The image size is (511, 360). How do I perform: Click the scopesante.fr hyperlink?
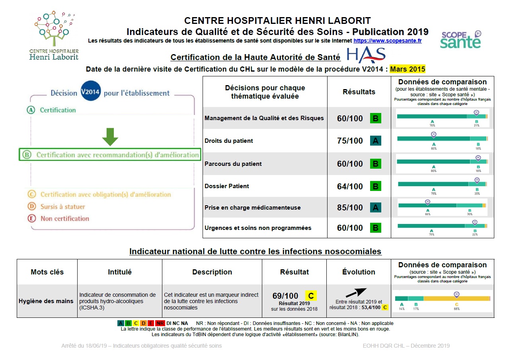(387, 41)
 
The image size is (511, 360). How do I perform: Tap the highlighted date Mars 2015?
(408, 69)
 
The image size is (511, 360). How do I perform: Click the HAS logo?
(366, 55)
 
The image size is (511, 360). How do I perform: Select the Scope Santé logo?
(460, 39)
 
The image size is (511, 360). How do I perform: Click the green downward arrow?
(110, 136)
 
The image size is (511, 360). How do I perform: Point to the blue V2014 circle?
(90, 93)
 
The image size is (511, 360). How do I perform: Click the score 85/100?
(350, 208)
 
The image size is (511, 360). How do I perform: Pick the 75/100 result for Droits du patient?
(350, 141)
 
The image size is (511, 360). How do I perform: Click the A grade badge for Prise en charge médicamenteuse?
(375, 208)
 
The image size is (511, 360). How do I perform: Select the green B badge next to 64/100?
(375, 186)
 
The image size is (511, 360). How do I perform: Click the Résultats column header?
(359, 92)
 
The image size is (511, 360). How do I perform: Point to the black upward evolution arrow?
(356, 293)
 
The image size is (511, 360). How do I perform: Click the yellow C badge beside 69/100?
(311, 296)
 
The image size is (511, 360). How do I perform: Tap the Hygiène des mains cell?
(46, 301)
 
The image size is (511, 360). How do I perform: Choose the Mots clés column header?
(47, 272)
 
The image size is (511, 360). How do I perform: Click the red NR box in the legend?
(160, 323)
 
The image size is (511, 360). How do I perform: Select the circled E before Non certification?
(31, 218)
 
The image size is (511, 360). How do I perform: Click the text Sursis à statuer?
(62, 207)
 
